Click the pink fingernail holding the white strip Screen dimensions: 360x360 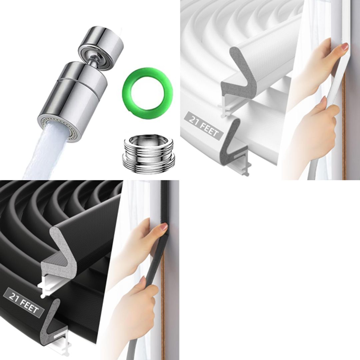(x=345, y=47)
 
